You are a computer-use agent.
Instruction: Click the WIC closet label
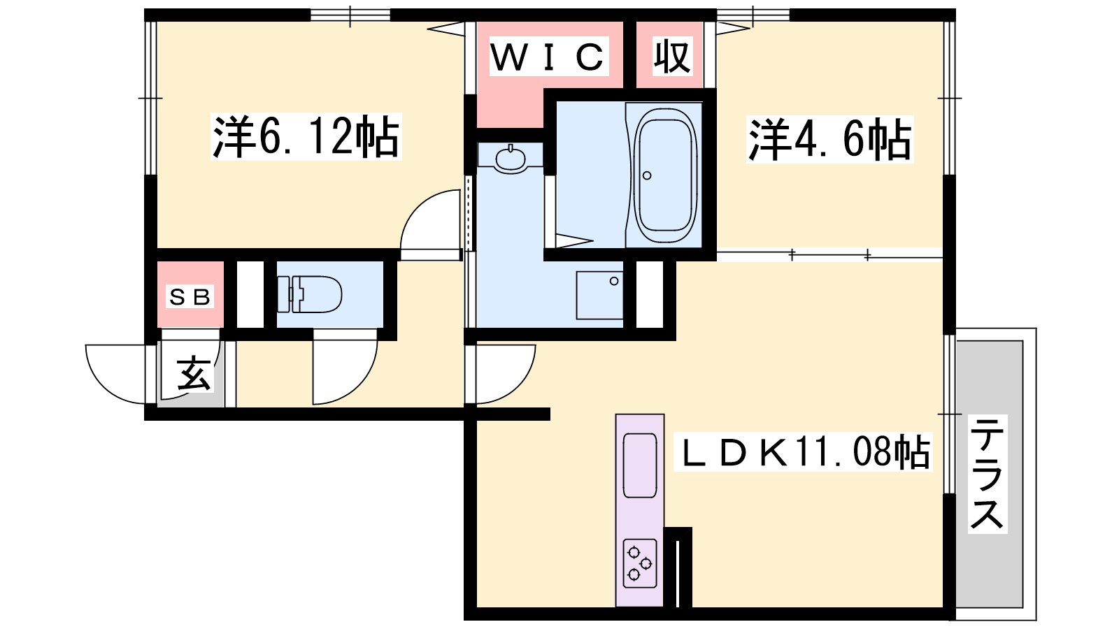(x=548, y=57)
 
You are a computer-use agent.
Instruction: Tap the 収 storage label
(x=672, y=57)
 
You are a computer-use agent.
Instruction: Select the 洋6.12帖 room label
(x=306, y=136)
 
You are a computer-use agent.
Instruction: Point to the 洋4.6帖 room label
(x=829, y=139)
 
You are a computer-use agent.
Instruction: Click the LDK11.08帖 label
(x=803, y=451)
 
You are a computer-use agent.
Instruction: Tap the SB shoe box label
(x=190, y=297)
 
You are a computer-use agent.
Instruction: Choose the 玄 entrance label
(x=193, y=373)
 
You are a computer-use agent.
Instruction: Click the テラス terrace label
(x=987, y=474)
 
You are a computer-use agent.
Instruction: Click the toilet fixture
(x=310, y=294)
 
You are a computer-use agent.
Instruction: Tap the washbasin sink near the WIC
(x=510, y=159)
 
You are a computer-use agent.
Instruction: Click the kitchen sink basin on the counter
(x=640, y=465)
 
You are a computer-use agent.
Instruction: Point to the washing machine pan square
(x=599, y=296)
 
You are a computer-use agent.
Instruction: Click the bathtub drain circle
(x=648, y=175)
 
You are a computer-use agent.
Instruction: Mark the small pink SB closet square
(x=190, y=294)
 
